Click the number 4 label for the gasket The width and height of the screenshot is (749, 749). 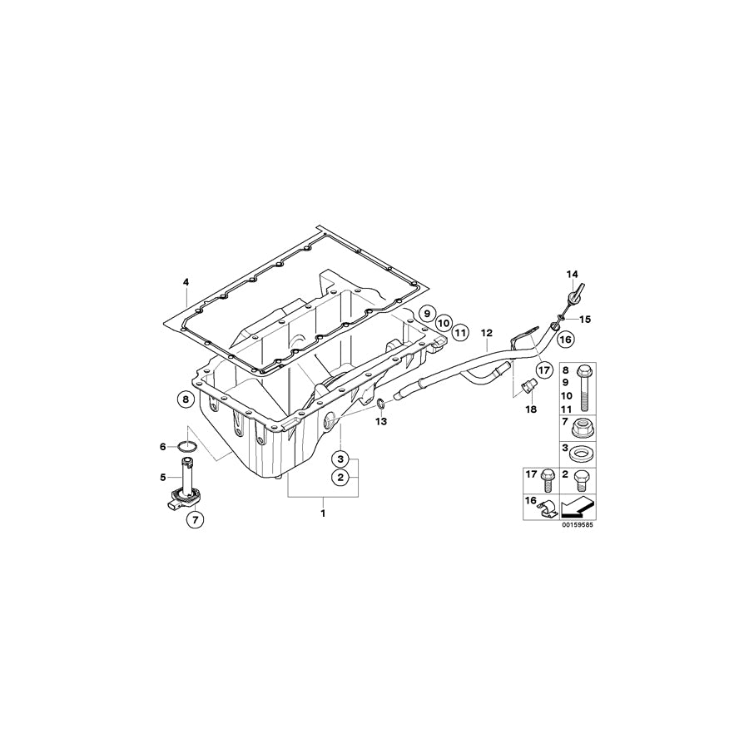point(186,283)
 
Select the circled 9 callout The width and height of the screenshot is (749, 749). point(425,314)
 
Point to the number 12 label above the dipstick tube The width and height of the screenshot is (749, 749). point(487,333)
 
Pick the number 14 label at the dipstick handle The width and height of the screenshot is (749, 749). point(572,274)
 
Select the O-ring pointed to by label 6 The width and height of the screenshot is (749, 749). point(189,447)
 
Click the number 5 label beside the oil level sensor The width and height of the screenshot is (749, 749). point(163,477)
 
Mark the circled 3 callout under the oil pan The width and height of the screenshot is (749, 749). point(340,457)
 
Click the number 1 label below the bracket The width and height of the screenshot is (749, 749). point(323,513)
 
